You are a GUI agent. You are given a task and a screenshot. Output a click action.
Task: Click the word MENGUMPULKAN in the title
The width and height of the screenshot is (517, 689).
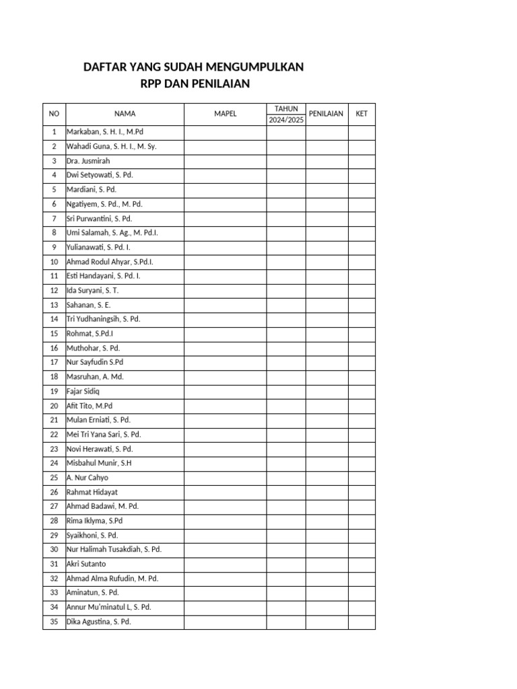(x=258, y=67)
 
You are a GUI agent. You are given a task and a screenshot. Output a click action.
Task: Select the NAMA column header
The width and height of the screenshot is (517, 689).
(x=125, y=114)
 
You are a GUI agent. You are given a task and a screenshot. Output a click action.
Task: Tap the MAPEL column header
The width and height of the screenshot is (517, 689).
(x=226, y=114)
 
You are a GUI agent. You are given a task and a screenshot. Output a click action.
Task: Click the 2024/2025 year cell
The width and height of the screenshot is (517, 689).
(x=286, y=120)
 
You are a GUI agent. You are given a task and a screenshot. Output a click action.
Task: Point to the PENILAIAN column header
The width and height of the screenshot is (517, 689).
(x=326, y=114)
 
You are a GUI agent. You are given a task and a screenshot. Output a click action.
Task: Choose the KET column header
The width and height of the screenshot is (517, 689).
(x=361, y=114)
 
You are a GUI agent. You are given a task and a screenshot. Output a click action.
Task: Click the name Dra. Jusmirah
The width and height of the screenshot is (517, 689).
(x=88, y=161)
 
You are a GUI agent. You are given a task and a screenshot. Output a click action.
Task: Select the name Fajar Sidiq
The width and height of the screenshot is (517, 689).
(x=83, y=391)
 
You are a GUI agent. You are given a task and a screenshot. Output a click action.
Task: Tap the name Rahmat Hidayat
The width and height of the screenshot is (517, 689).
(x=92, y=492)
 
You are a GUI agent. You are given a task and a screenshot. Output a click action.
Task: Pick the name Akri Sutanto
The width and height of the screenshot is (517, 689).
(x=86, y=564)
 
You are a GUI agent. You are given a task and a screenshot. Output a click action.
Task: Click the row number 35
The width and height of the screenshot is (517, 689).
(x=54, y=622)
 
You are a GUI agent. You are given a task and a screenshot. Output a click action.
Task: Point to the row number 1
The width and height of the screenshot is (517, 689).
(x=54, y=132)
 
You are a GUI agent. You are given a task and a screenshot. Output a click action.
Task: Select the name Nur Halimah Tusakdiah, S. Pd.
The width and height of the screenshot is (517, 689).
(x=114, y=549)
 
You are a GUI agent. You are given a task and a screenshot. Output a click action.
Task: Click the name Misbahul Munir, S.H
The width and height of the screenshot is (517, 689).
(x=99, y=463)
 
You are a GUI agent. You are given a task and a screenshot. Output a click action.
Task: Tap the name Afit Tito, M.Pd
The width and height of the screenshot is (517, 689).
(x=90, y=406)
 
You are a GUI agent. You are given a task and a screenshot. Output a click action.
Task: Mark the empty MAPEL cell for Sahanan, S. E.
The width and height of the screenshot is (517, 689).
(x=226, y=305)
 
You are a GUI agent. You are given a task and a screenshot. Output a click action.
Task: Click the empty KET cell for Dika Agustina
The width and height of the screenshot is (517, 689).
(x=361, y=622)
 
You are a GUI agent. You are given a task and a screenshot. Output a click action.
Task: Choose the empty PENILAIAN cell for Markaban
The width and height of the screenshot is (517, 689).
(x=326, y=132)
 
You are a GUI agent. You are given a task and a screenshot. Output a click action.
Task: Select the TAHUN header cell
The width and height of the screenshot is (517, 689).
(x=286, y=108)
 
